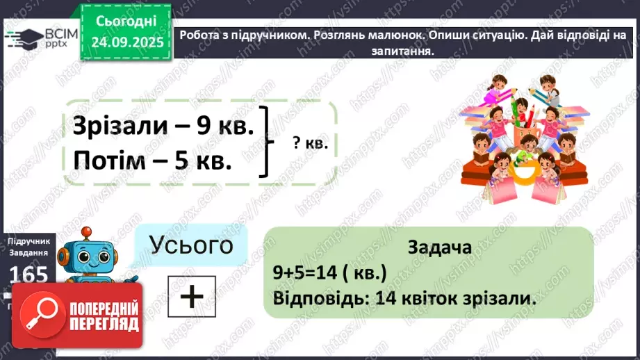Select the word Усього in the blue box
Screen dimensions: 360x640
(x=190, y=245)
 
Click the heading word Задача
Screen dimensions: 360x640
(x=441, y=247)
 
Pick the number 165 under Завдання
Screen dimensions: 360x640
(x=28, y=275)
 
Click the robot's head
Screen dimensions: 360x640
(x=86, y=254)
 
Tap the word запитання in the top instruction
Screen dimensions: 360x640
(x=407, y=51)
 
